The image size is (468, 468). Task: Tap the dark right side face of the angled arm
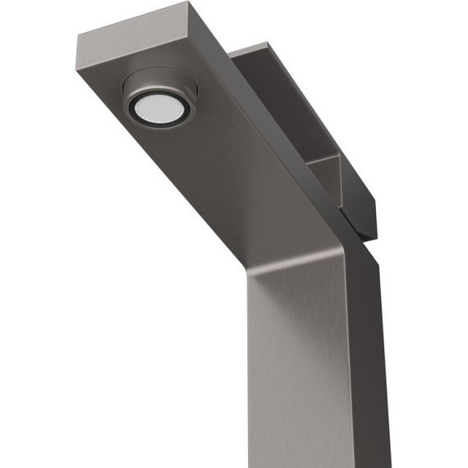tap(271, 123)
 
